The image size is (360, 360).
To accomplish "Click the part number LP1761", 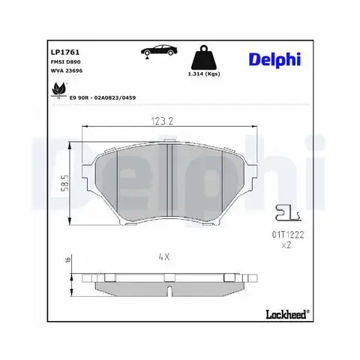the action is (x=65, y=52).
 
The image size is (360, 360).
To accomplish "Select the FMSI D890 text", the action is (x=65, y=61).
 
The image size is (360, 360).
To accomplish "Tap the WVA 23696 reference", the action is (x=67, y=70).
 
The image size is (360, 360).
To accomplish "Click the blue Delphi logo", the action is (x=274, y=60).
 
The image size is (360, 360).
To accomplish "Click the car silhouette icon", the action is (x=159, y=50).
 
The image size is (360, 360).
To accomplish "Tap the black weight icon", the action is (x=204, y=58).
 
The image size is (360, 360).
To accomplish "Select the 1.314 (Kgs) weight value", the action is (x=204, y=74).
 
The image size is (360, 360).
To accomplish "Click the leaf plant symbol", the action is (x=59, y=90).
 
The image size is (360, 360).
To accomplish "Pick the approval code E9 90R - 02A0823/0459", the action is (x=103, y=97).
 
